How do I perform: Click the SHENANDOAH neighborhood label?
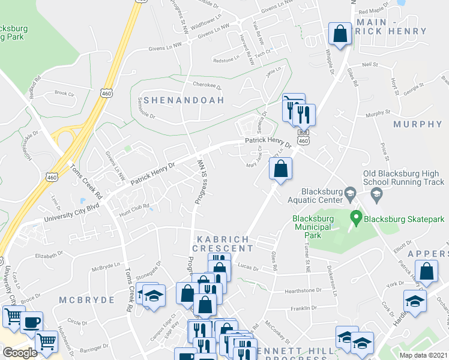(183, 100)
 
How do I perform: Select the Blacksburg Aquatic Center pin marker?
(352, 193)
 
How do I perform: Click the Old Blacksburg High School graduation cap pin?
(376, 193)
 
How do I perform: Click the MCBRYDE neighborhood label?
(83, 299)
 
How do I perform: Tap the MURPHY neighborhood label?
(417, 124)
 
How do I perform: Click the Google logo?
(20, 353)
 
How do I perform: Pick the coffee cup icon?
(31, 322)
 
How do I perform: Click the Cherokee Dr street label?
(203, 85)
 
